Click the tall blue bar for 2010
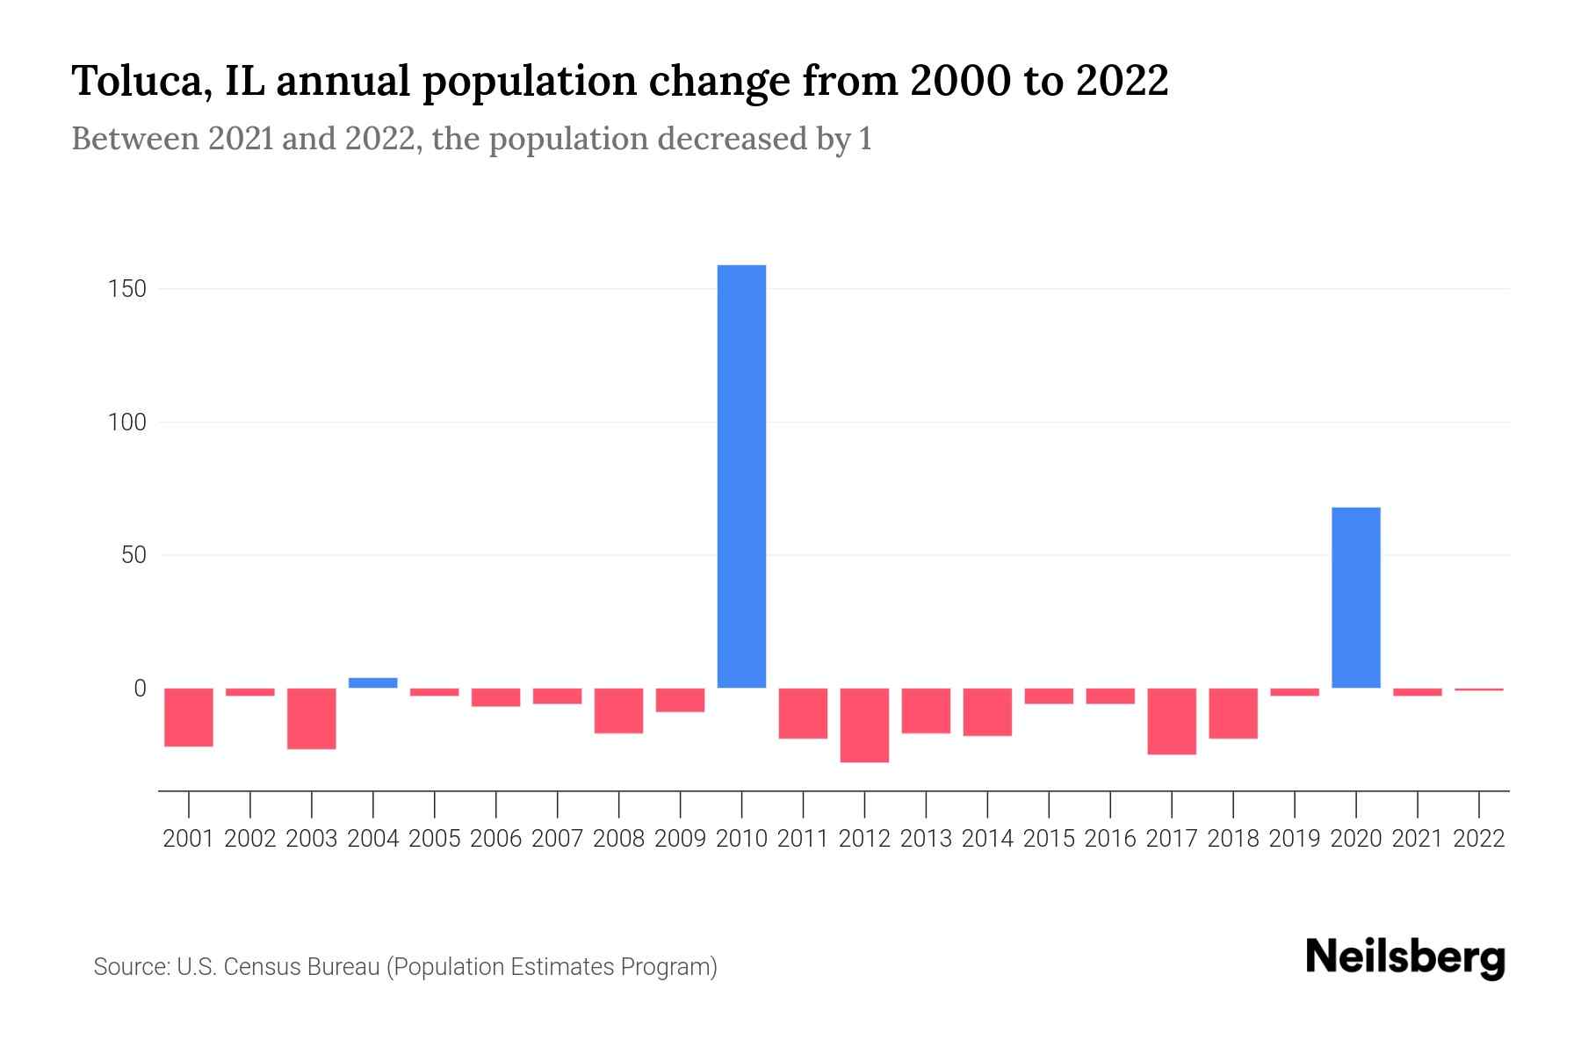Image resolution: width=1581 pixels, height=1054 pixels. click(x=741, y=476)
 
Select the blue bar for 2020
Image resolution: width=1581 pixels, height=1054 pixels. click(x=1355, y=597)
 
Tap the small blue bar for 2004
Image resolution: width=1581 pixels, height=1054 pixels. click(x=372, y=682)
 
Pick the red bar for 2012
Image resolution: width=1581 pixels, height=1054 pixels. click(x=864, y=725)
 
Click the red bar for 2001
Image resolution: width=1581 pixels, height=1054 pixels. click(x=189, y=717)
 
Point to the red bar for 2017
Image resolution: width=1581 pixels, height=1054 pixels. click(x=1171, y=721)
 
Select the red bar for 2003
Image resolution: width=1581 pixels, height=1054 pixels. click(x=312, y=718)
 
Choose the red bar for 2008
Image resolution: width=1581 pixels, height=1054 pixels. click(x=618, y=711)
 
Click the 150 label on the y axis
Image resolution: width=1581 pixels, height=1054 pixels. click(x=127, y=289)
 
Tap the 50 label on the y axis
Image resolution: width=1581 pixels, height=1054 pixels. click(x=134, y=555)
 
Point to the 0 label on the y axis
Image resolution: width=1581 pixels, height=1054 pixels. click(x=140, y=689)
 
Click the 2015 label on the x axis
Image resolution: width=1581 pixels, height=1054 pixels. click(x=1049, y=839)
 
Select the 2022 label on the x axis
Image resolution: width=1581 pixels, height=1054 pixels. click(x=1479, y=839)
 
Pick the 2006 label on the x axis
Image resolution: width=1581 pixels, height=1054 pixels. click(x=496, y=839)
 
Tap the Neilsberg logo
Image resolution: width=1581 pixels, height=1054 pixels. click(x=1405, y=957)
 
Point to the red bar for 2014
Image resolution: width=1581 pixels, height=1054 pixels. click(x=987, y=711)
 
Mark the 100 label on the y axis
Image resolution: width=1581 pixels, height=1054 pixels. click(x=127, y=422)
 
